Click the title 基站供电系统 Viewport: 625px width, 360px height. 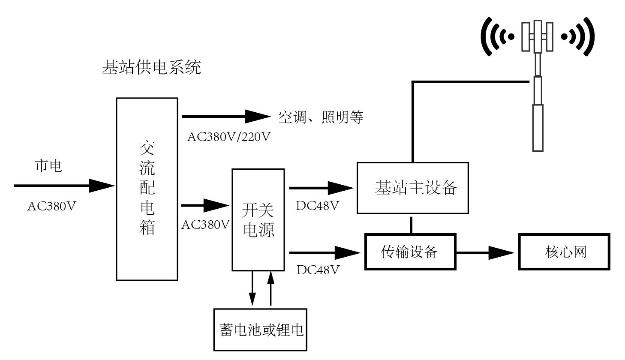(151, 68)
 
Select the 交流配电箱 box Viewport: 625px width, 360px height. (147, 189)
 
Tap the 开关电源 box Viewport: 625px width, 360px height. (258, 219)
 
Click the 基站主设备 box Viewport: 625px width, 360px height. (412, 188)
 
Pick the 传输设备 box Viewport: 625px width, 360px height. (410, 252)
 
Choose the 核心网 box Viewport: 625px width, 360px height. (564, 252)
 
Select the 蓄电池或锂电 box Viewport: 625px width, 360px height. (261, 330)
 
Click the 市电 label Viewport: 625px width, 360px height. (48, 166)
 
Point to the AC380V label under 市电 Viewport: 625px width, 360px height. (51, 206)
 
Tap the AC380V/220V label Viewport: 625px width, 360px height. (229, 137)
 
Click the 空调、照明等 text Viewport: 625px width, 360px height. (321, 117)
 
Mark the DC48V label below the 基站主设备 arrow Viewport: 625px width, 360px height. (318, 206)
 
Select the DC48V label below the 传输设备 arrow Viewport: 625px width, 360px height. (318, 270)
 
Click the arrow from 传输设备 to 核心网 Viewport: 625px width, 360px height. (485, 252)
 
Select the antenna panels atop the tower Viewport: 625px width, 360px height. (538, 36)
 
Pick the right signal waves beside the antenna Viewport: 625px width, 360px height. (579, 37)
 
